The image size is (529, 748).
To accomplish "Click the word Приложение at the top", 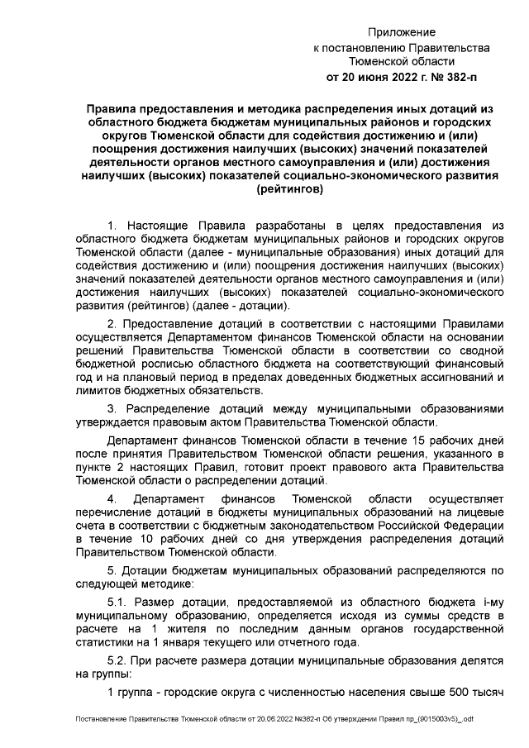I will pos(402,31).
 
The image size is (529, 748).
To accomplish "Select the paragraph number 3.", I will pos(113,407).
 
